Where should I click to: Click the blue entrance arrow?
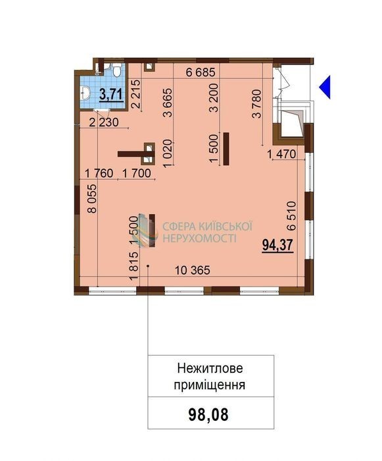[326, 87]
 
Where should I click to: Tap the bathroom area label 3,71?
[111, 95]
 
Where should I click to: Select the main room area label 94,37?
[277, 245]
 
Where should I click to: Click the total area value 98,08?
[208, 415]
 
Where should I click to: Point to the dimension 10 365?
[193, 270]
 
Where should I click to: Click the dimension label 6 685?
[201, 72]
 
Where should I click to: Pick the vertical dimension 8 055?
[92, 198]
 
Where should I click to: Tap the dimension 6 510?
[291, 215]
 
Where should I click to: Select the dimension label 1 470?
[282, 153]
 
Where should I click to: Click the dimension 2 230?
[104, 122]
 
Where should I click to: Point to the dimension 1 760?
[99, 173]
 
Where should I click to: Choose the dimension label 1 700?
[137, 173]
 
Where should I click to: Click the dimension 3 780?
[256, 104]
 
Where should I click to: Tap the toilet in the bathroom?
[117, 70]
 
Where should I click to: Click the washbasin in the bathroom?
[85, 92]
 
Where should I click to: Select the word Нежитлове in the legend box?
[210, 367]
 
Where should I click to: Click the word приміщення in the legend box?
[209, 385]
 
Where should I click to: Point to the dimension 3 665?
[168, 102]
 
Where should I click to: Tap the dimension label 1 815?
[133, 266]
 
